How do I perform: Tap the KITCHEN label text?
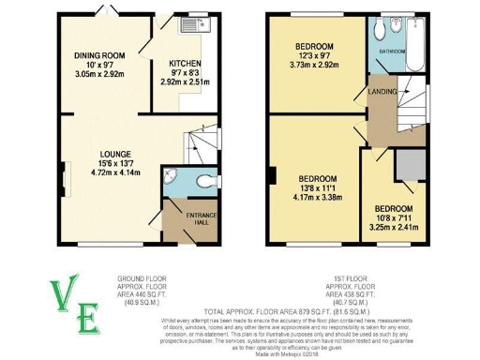(186, 64)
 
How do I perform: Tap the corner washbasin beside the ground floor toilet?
(169, 175)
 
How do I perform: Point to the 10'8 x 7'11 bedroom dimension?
(393, 217)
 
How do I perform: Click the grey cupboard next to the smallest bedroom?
(406, 165)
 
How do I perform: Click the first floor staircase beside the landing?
(410, 117)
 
